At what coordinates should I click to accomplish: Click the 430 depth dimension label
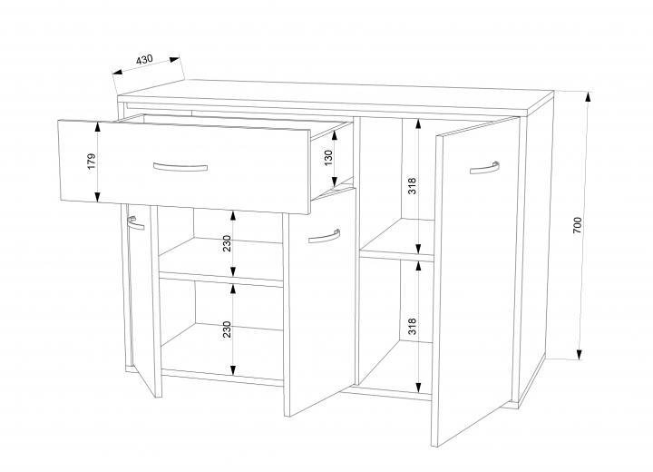coord(144,59)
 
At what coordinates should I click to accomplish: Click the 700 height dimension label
coord(577,225)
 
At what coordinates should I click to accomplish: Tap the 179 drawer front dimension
coord(92,162)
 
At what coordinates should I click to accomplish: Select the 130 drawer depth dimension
coord(328,158)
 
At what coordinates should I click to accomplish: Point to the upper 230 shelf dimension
coord(227,243)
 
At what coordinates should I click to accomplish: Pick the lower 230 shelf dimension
coord(227,329)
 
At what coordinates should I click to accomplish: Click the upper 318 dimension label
coord(412,185)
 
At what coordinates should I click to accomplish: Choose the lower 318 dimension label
coord(412,326)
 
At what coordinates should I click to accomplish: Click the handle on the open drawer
coord(180,168)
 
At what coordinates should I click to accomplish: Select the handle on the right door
coord(484,168)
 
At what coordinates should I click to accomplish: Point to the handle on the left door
coord(135,224)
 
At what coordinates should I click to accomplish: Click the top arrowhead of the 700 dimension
coord(588,97)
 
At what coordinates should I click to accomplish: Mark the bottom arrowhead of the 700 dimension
coord(580,354)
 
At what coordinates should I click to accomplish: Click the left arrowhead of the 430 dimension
coord(118,72)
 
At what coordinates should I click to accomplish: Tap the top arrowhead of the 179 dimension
coord(98,126)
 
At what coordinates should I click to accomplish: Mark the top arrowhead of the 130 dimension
coord(335,135)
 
